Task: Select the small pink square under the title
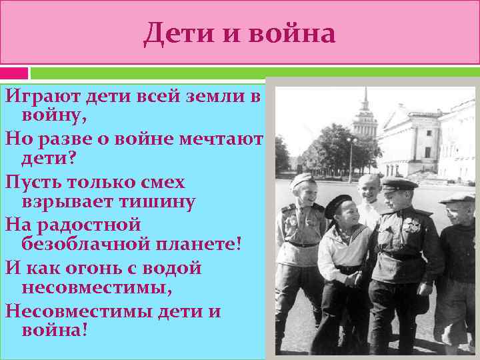click(14, 73)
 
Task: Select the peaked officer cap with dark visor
click(399, 184)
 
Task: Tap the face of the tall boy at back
click(368, 191)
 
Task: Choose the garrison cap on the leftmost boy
click(301, 181)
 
